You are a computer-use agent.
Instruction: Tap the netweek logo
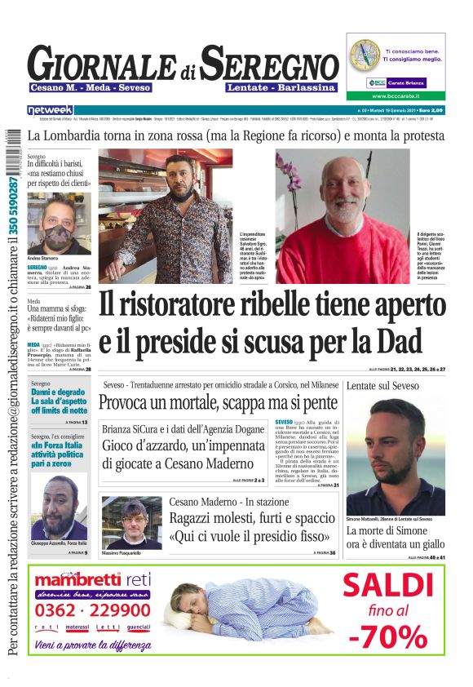pyautogui.click(x=51, y=110)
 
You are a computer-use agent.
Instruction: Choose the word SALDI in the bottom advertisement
pyautogui.click(x=386, y=585)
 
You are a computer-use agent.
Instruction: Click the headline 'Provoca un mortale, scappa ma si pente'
pyautogui.click(x=218, y=402)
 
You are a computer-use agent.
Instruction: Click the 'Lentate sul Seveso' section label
pyautogui.click(x=378, y=384)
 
